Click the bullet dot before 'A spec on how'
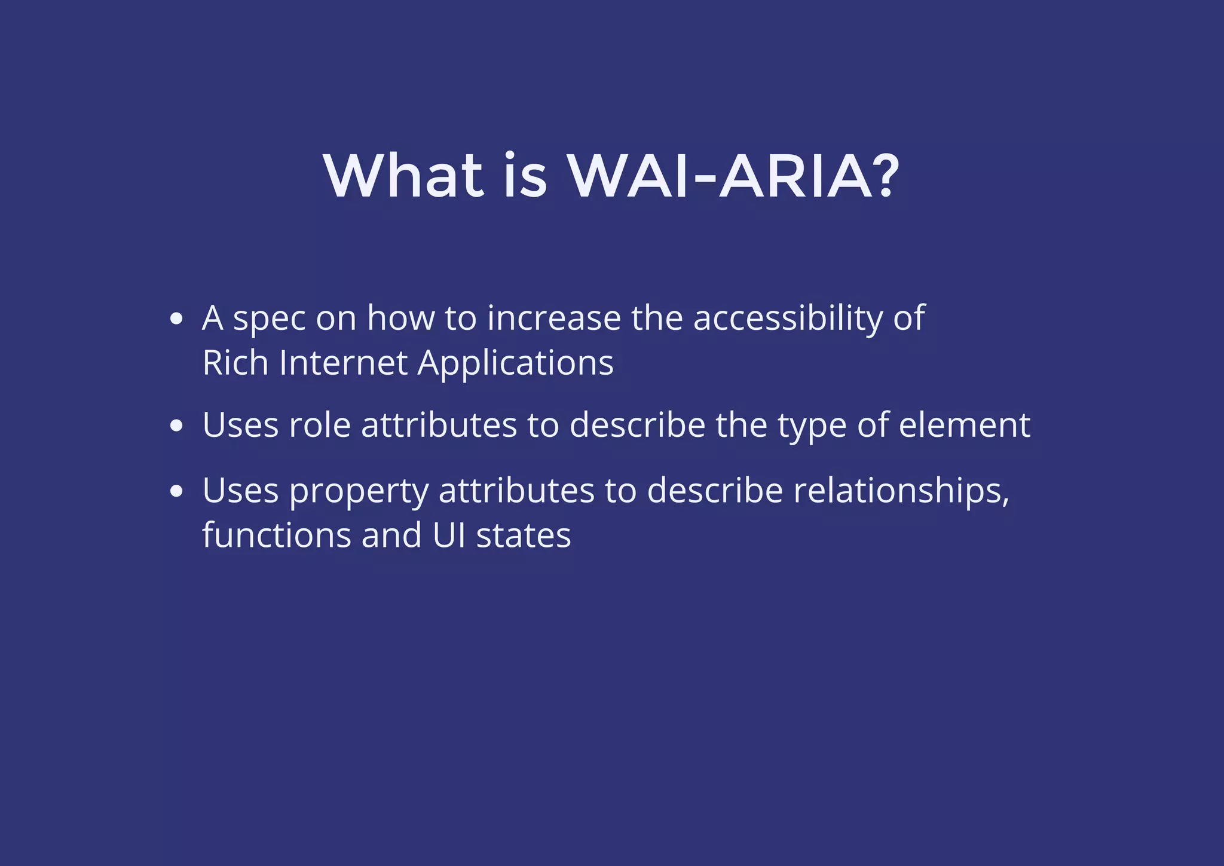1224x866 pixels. (x=176, y=319)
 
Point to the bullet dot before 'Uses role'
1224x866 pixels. (x=176, y=426)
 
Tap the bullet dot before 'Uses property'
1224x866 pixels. (x=176, y=491)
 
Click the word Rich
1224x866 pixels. (x=235, y=363)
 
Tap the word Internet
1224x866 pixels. (x=343, y=363)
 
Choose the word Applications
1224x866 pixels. (x=515, y=364)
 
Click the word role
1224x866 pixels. (x=320, y=426)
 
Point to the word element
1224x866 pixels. (x=965, y=426)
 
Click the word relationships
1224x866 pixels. (x=901, y=491)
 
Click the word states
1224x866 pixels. (x=524, y=536)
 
